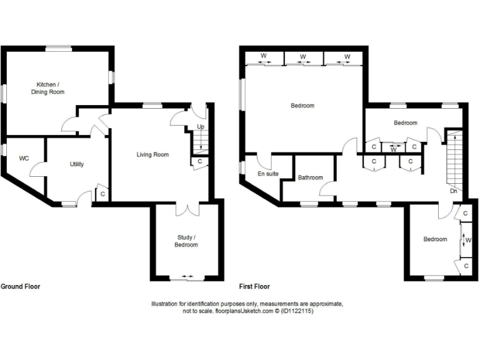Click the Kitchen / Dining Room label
[47, 88]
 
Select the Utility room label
[77, 164]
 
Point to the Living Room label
[153, 154]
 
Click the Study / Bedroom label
[186, 241]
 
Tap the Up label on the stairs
[201, 127]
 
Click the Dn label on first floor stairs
[453, 191]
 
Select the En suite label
[267, 174]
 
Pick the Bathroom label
[310, 177]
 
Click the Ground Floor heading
[20, 287]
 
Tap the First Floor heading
[254, 287]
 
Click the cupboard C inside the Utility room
[102, 194]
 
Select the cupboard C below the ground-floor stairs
[199, 161]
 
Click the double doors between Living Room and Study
[186, 208]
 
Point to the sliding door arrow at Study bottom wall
[186, 276]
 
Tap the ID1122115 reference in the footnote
[297, 311]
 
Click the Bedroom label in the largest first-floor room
[302, 106]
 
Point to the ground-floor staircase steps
[200, 141]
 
